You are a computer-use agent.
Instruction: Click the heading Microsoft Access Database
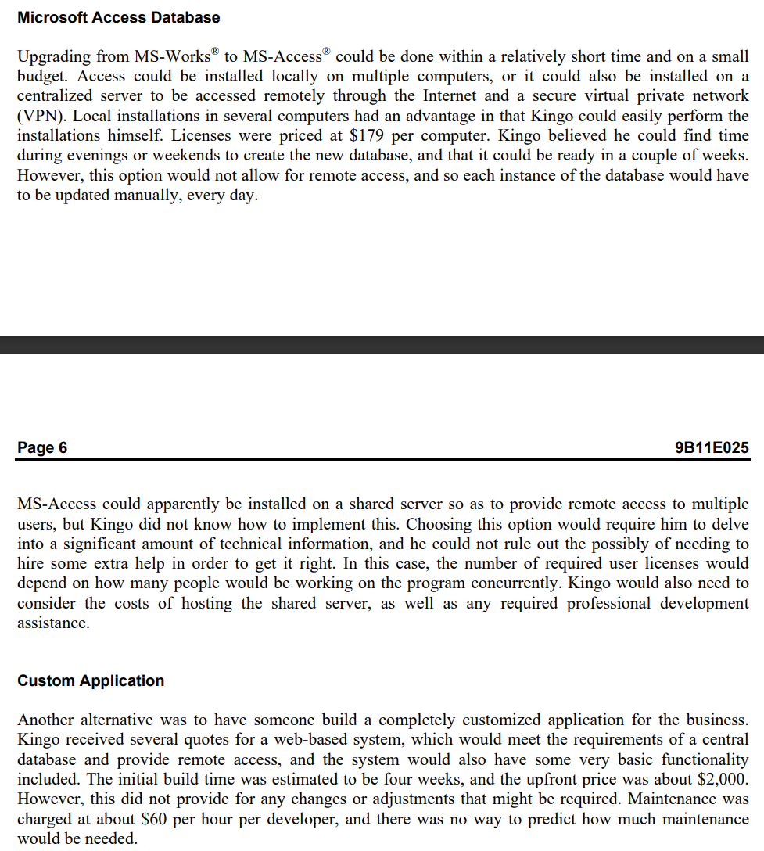point(118,17)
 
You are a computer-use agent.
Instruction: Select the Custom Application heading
point(91,680)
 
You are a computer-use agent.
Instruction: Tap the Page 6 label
point(42,447)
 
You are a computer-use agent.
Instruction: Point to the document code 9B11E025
point(711,447)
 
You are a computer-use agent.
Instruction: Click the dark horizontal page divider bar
point(382,345)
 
